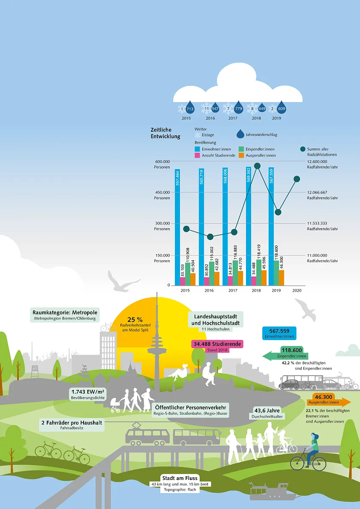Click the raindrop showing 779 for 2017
[239, 108]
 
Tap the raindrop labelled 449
[262, 108]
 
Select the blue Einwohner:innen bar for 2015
[177, 227]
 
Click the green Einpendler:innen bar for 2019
[276, 273]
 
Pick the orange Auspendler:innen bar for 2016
[216, 278]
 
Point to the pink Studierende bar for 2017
[231, 280]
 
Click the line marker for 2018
[257, 166]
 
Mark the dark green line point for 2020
[297, 179]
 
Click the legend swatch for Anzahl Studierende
[197, 155]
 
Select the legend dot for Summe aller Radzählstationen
[303, 149]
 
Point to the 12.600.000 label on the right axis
[317, 161]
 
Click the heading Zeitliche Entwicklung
[165, 133]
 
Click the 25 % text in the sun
[135, 320]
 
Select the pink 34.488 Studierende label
[217, 344]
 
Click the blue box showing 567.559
[279, 333]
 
